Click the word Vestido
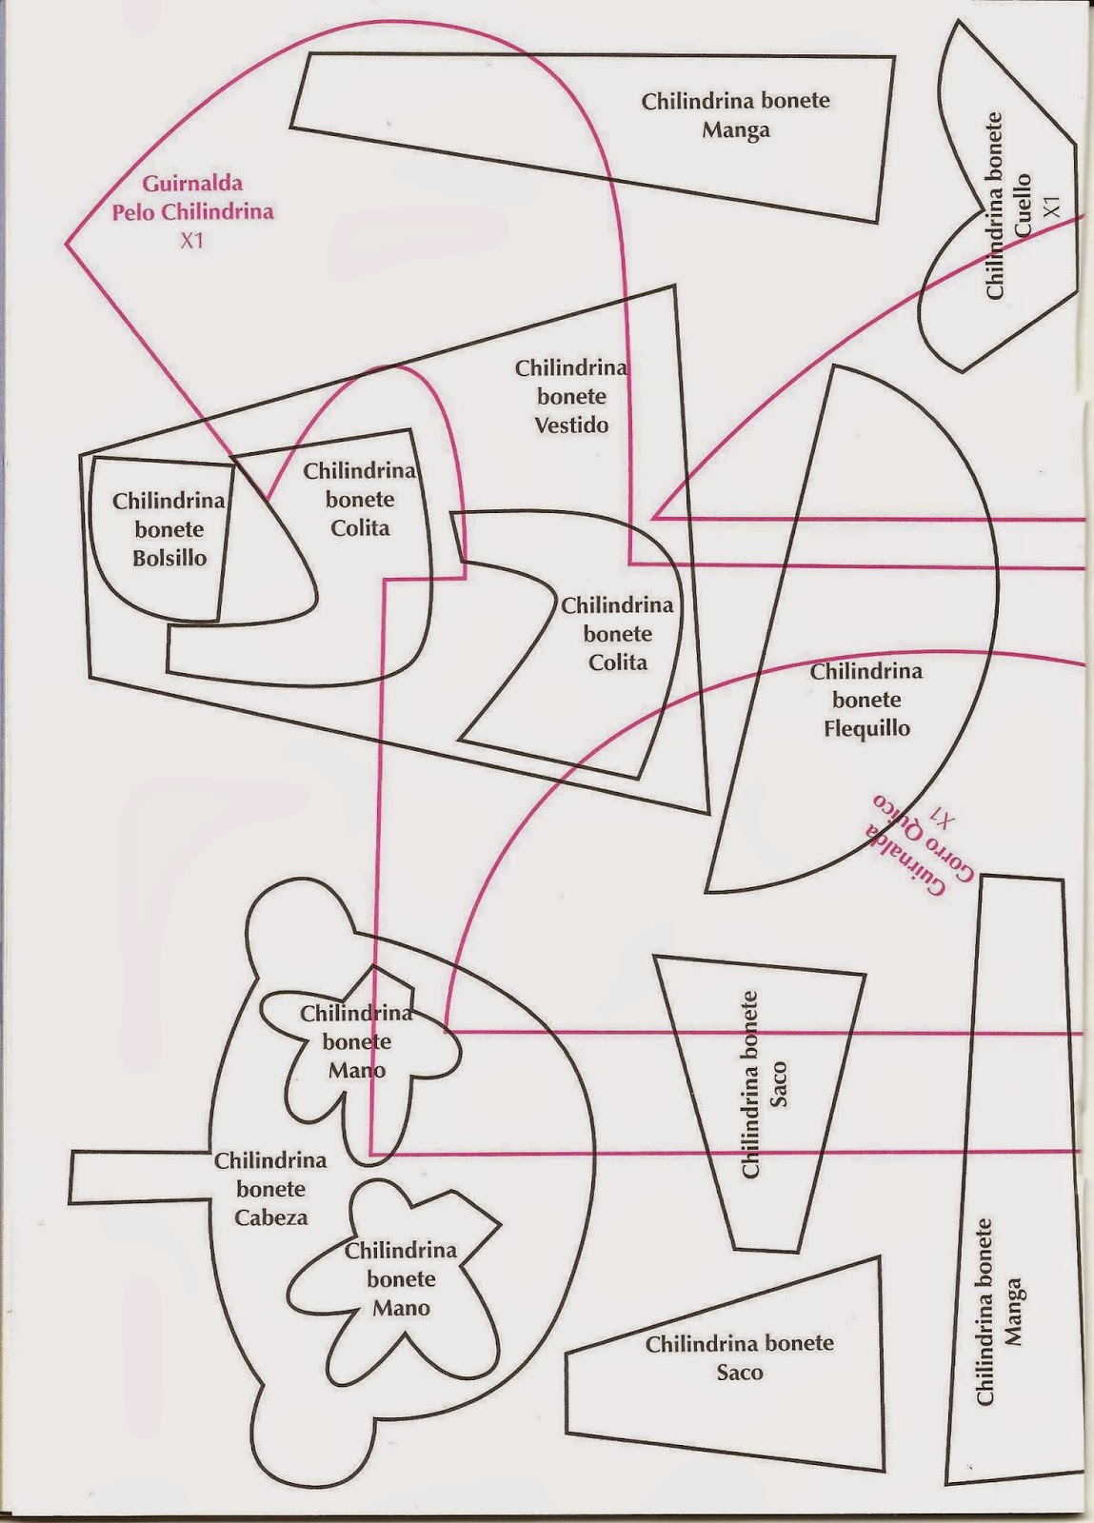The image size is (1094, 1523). [x=571, y=425]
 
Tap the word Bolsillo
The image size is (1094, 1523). [x=169, y=558]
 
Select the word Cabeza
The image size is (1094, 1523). [x=271, y=1217]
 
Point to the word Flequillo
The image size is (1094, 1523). [x=866, y=729]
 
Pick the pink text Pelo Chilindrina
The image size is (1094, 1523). [x=192, y=211]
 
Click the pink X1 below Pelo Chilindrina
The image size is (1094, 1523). [x=192, y=241]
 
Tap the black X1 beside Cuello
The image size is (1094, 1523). [x=1051, y=207]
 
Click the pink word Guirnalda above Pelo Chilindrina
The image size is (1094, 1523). [x=192, y=183]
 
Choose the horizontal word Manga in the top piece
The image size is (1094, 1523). [x=736, y=130]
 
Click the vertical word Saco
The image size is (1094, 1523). [x=779, y=1085]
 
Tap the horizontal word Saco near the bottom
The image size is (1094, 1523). [x=740, y=1373]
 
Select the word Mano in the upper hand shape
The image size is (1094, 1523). [x=357, y=1071]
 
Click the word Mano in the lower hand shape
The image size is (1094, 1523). [x=401, y=1309]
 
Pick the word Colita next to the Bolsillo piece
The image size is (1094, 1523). [x=360, y=528]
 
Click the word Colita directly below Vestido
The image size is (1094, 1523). [x=618, y=663]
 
